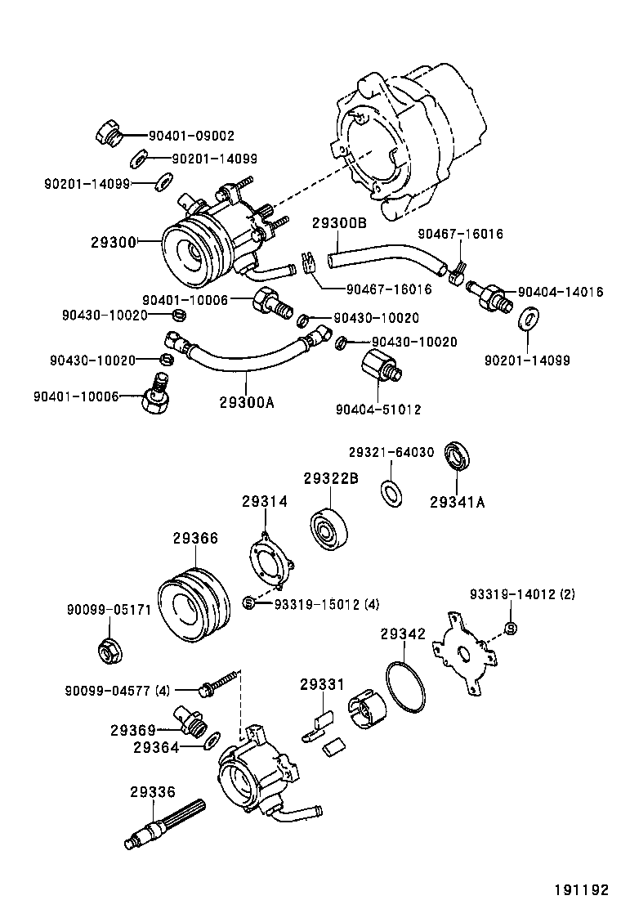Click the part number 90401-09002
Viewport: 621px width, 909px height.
coord(191,136)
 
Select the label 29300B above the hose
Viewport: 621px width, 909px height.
coord(339,222)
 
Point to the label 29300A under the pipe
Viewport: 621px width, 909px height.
coord(248,401)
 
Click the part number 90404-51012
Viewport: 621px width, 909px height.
coord(378,409)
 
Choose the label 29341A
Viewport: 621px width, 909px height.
coord(458,502)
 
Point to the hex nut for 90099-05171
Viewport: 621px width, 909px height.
coord(107,651)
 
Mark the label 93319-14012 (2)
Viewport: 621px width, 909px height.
coord(522,594)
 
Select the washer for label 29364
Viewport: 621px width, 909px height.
coord(212,741)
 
